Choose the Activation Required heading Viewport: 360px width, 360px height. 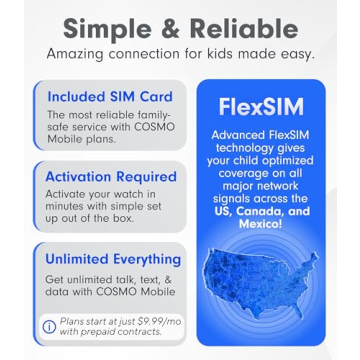tap(111, 176)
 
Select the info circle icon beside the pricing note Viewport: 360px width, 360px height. tap(49, 326)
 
